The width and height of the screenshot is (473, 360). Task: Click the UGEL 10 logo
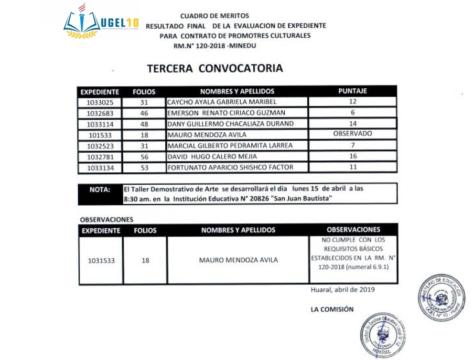click(x=101, y=22)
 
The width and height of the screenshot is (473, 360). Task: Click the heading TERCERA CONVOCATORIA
click(x=215, y=68)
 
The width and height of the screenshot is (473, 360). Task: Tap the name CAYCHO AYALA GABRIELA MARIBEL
click(x=222, y=102)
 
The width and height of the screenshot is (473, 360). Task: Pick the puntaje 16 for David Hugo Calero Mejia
click(x=353, y=156)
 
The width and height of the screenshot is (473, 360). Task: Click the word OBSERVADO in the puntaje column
click(x=353, y=134)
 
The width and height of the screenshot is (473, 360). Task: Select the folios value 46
click(x=144, y=113)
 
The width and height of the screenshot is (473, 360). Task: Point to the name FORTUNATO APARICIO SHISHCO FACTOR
click(x=230, y=167)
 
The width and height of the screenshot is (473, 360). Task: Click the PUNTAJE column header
click(x=353, y=91)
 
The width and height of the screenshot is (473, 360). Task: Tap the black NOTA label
click(x=100, y=190)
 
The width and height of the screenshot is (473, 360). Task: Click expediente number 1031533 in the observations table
click(x=101, y=261)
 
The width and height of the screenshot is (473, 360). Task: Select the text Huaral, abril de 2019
click(x=343, y=289)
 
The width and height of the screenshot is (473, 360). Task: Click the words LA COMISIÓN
click(x=332, y=309)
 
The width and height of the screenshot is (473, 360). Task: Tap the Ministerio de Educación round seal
click(x=441, y=297)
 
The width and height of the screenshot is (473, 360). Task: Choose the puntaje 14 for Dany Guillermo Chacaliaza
click(x=353, y=124)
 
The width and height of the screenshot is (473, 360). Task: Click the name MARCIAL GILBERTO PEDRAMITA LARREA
click(x=230, y=146)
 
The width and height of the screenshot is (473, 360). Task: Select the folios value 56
click(x=144, y=157)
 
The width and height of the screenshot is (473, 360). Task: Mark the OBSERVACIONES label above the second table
click(x=107, y=220)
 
